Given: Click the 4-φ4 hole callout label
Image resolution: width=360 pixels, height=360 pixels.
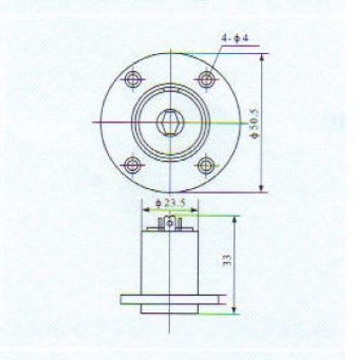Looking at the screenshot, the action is point(235,39).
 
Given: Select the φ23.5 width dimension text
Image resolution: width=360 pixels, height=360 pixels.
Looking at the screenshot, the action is point(170,203).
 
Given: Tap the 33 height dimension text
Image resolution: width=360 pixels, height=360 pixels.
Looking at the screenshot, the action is point(227,260).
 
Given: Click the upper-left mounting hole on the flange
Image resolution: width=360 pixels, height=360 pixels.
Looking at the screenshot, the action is point(132,79).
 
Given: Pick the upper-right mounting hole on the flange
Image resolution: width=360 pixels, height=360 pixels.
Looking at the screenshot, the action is point(206,79).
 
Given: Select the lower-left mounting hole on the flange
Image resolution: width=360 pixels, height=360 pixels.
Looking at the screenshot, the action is point(131,165).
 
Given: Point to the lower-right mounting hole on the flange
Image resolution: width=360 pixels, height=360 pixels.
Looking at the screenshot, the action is point(206,165).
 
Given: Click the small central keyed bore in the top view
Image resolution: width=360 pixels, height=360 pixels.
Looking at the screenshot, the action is point(170,122).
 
